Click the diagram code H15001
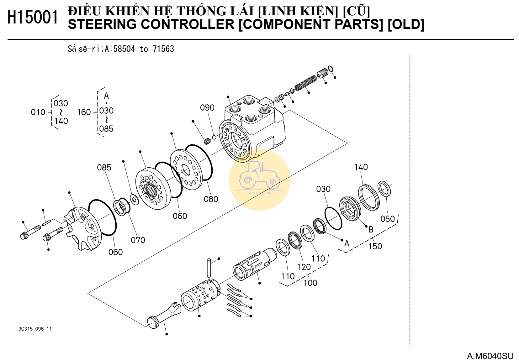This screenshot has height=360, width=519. pyautogui.click(x=33, y=17)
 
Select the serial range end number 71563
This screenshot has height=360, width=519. pyautogui.click(x=163, y=49)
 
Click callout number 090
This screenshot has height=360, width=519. pyautogui.click(x=207, y=108)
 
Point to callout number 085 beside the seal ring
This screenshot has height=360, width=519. pyautogui.click(x=104, y=167)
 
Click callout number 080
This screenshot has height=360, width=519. pyautogui.click(x=211, y=199)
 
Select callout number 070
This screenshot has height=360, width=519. pyautogui.click(x=138, y=240)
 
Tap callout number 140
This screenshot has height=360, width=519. pyautogui.click(x=361, y=167)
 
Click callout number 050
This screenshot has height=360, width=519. pyautogui.click(x=387, y=219)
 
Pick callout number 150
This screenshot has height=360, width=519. pyautogui.click(x=375, y=246)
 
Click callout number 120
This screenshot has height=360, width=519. pyautogui.click(x=304, y=267)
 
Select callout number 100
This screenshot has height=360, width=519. pyautogui.click(x=310, y=283)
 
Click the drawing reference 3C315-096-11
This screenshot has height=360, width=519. pyautogui.click(x=35, y=329)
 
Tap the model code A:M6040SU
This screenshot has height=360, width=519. pyautogui.click(x=490, y=356)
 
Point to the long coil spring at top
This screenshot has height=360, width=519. pyautogui.click(x=305, y=83)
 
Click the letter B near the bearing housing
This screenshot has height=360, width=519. pyautogui.click(x=371, y=230)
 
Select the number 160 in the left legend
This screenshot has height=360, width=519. pyautogui.click(x=84, y=112)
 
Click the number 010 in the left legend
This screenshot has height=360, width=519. pyautogui.click(x=38, y=112)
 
